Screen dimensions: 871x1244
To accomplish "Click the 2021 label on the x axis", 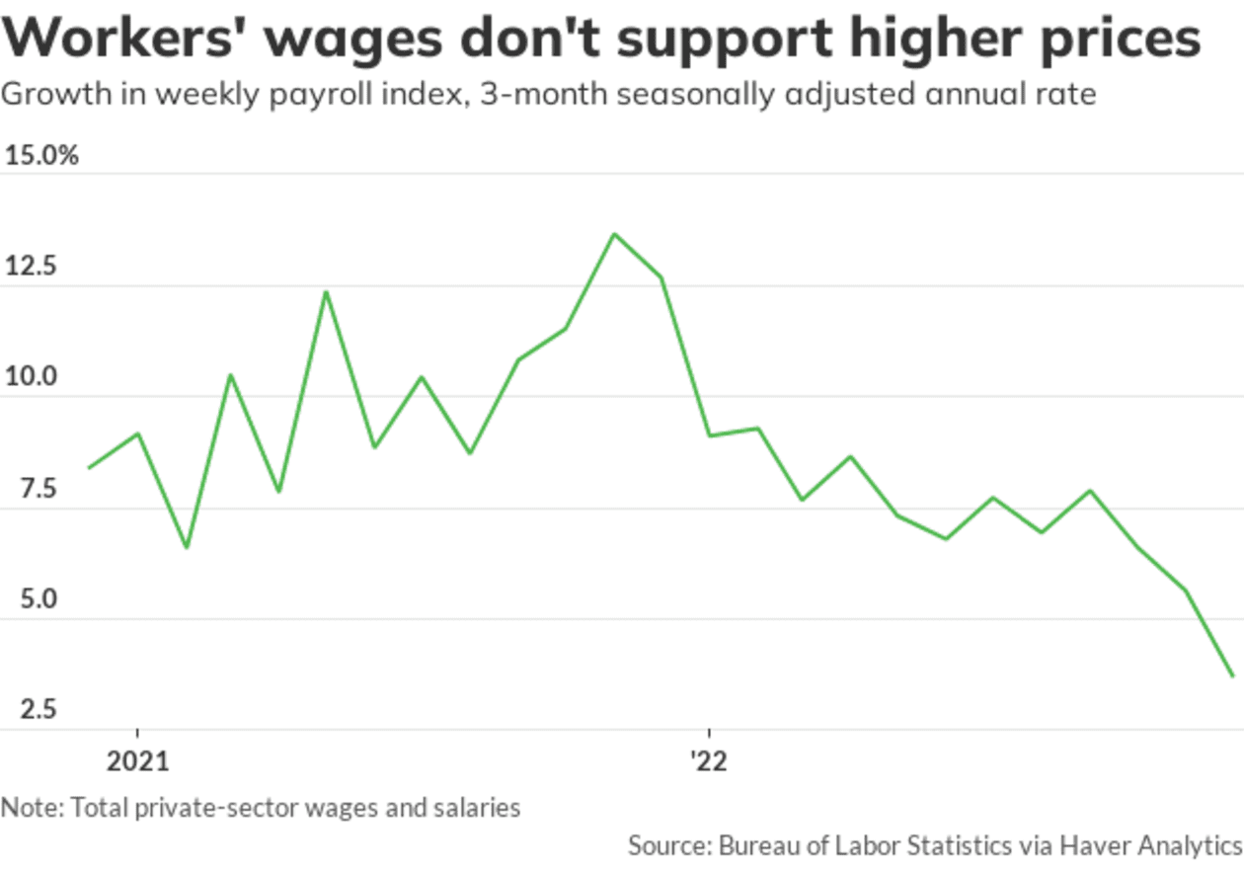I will pos(137,761).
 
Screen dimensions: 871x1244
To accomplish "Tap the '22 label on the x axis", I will pos(708,761).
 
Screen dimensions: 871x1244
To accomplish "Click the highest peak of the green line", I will pos(613,234).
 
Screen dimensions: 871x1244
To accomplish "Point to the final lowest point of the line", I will pos(1232,676).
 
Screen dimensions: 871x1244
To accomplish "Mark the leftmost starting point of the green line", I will pos(89,468).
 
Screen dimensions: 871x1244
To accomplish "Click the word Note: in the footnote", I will pos(31,808).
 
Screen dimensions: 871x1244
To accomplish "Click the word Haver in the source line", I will pos(1096,846).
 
